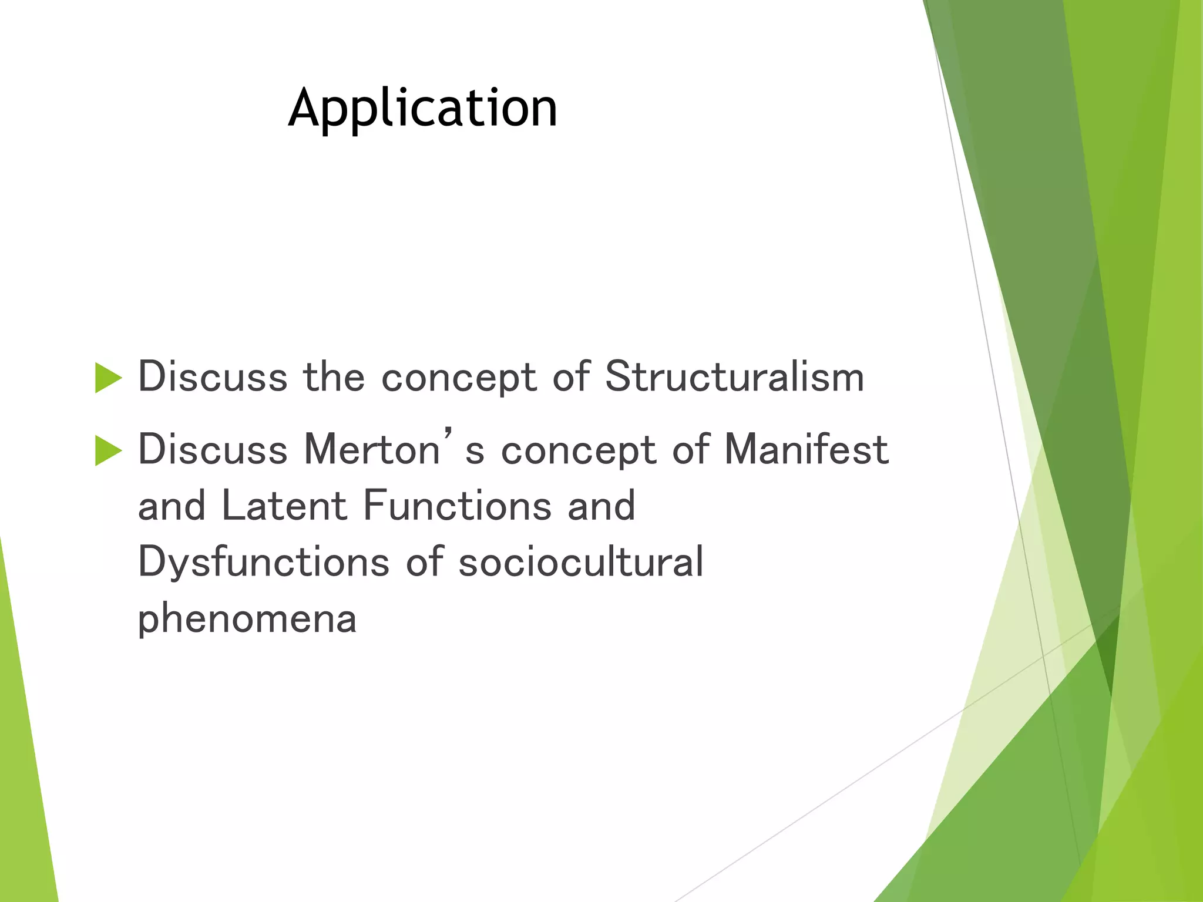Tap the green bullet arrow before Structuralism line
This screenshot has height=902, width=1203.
click(x=108, y=378)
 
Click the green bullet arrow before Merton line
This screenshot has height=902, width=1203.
click(x=108, y=451)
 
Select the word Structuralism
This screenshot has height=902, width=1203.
click(x=734, y=376)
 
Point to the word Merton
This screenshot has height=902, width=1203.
click(x=372, y=450)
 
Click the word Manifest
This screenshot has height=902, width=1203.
click(x=806, y=450)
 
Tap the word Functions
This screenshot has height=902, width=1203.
click(x=458, y=506)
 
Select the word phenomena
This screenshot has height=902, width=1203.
click(x=247, y=619)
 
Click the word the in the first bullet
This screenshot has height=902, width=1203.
click(x=334, y=376)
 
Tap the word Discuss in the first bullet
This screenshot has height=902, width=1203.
click(x=213, y=376)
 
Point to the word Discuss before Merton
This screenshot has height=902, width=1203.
click(x=213, y=450)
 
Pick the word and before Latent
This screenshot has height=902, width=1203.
click(x=172, y=506)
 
